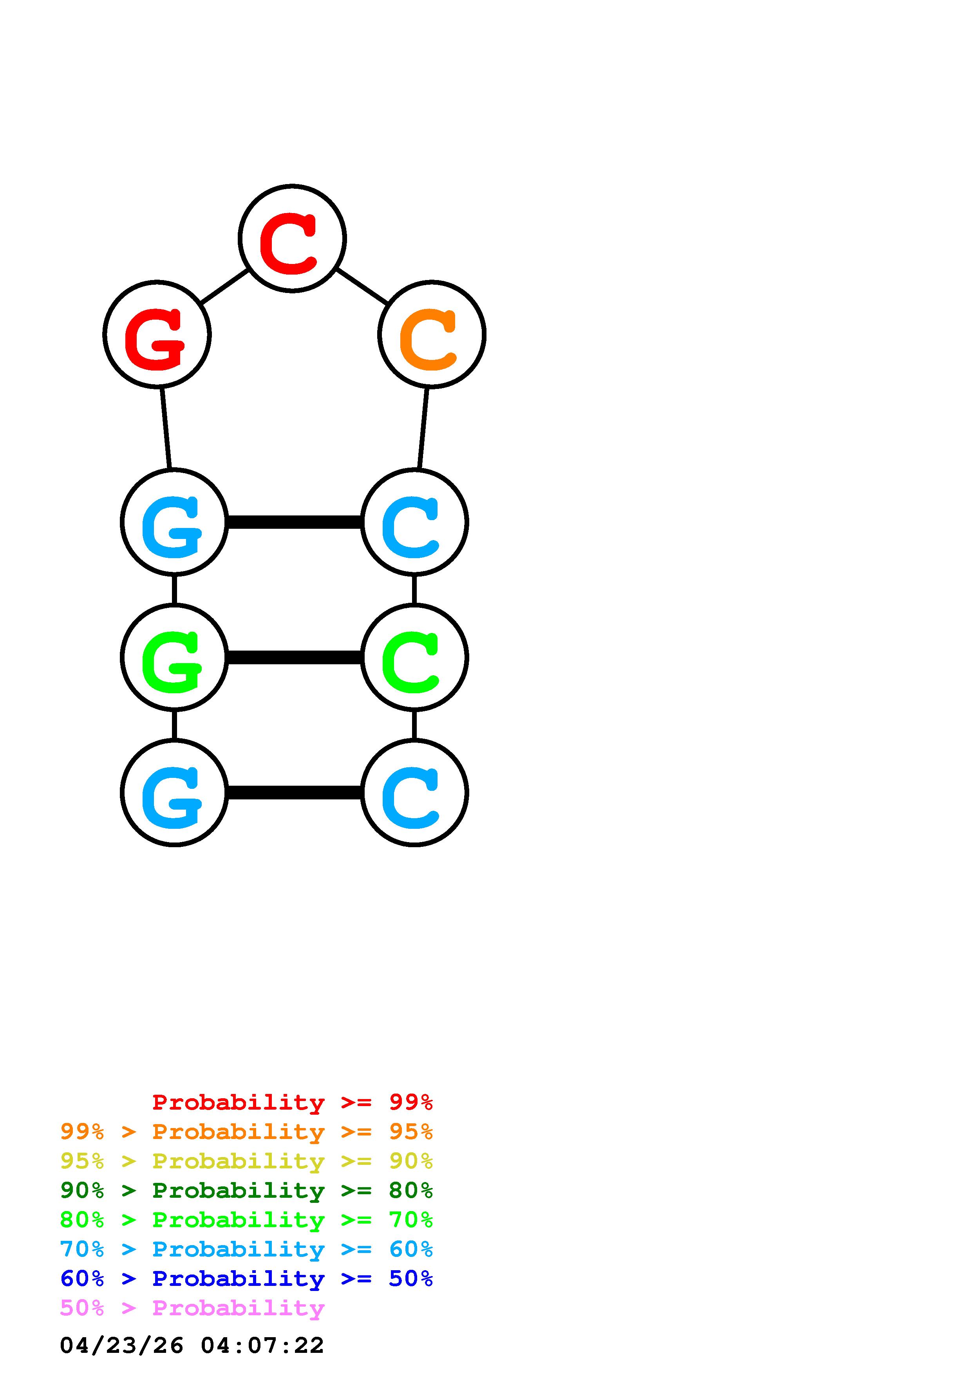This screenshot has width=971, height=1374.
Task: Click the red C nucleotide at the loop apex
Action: pos(292,239)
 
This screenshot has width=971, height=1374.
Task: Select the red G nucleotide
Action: pos(157,334)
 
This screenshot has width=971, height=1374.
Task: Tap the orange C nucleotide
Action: pos(431,334)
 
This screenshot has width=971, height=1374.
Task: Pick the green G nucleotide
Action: pos(174,657)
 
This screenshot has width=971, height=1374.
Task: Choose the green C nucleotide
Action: pos(414,657)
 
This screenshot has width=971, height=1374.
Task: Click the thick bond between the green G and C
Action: pos(294,658)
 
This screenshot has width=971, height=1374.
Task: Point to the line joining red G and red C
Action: pos(224,286)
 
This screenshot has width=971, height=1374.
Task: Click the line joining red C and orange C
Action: pos(362,286)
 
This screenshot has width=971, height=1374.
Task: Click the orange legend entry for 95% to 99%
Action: pos(246,1132)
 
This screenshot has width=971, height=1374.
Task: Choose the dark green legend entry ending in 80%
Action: pos(246,1190)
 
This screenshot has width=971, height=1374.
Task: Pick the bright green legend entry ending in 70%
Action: pos(246,1220)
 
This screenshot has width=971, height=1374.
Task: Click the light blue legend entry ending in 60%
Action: pos(246,1249)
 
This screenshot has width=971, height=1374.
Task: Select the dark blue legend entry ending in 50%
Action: pos(246,1278)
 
